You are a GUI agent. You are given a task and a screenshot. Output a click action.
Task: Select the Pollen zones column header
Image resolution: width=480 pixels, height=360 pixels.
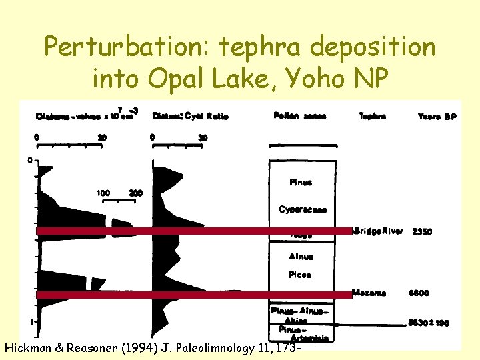(299, 116)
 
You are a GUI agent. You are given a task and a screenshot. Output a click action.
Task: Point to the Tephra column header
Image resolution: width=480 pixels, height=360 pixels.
(372, 115)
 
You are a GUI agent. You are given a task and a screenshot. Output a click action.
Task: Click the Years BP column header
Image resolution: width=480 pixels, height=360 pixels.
(437, 116)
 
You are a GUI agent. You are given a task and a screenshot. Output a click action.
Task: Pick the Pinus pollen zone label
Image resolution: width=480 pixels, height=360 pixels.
(301, 182)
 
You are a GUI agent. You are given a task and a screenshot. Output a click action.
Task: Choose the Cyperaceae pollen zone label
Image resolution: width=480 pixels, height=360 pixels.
(303, 209)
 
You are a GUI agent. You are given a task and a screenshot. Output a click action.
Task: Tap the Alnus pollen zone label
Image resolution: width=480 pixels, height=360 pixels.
(301, 256)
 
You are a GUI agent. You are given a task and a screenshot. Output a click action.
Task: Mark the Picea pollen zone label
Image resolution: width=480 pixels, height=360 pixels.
(301, 274)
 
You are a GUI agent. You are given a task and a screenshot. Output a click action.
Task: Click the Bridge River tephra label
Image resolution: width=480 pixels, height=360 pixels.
(381, 231)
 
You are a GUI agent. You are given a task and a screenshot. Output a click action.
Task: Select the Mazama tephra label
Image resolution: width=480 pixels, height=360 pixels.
(369, 293)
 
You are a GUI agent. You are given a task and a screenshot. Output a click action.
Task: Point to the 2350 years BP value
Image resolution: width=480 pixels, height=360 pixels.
(422, 231)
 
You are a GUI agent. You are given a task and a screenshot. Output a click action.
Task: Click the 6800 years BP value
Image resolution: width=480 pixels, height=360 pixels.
(419, 293)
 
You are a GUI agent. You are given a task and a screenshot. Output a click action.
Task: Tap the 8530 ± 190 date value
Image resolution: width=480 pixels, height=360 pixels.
(429, 323)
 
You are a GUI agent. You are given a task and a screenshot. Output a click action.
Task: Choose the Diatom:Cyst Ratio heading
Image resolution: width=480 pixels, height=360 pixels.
(191, 116)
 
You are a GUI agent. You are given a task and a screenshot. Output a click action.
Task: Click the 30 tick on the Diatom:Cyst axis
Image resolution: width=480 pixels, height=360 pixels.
(203, 137)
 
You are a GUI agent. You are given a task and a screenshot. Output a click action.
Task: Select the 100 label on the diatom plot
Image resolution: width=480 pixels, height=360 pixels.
(103, 193)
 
